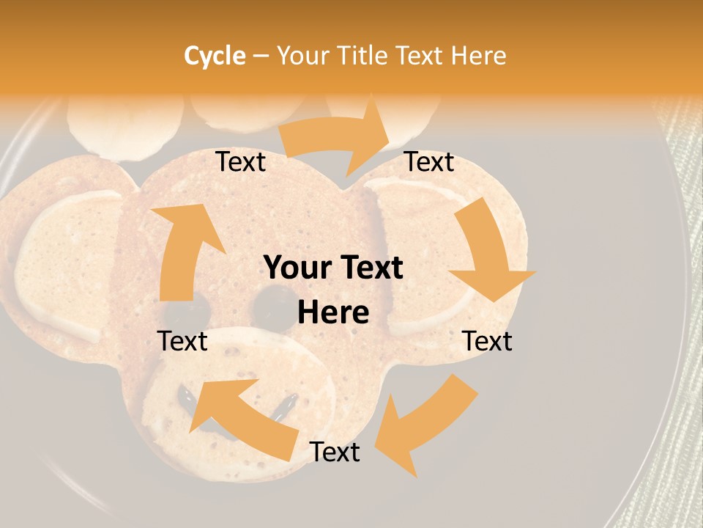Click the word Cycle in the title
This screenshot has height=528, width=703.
[215, 56]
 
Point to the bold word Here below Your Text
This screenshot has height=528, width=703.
[333, 313]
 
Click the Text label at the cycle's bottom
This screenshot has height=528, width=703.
[335, 452]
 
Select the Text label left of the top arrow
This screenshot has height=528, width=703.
[241, 162]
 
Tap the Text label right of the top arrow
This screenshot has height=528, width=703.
[429, 162]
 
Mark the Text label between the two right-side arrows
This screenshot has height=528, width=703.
[487, 341]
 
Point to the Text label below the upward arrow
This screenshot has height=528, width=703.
[183, 341]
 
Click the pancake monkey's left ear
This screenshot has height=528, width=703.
[62, 264]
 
